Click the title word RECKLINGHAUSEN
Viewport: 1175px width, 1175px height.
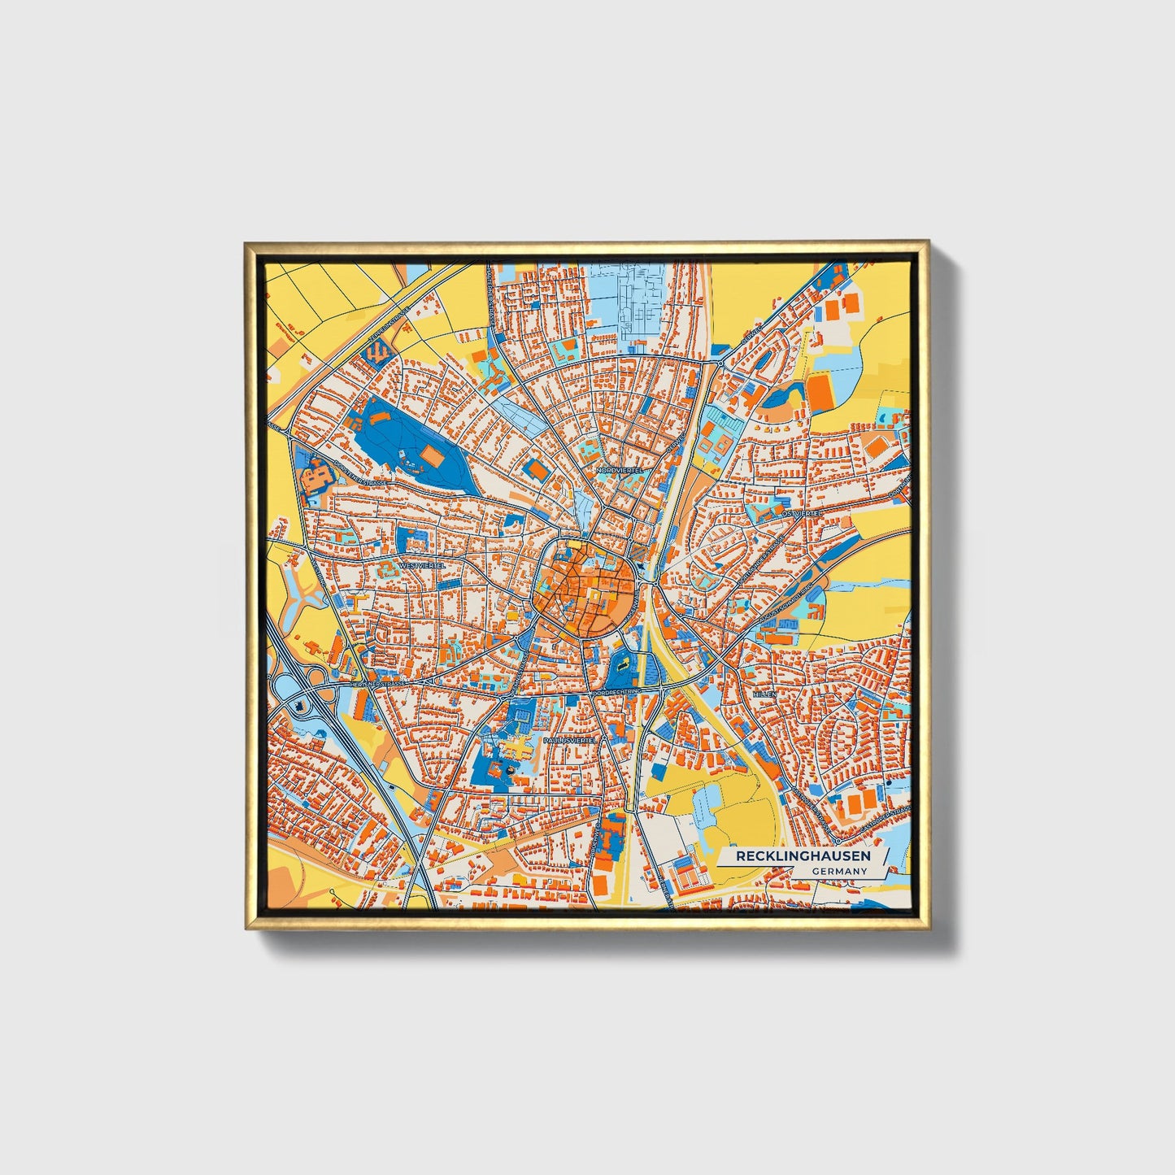click(803, 856)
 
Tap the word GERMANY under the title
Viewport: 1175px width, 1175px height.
click(838, 872)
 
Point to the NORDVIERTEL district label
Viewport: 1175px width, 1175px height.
click(620, 470)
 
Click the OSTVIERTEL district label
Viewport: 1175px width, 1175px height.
click(797, 514)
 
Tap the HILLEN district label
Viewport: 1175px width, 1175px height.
click(764, 695)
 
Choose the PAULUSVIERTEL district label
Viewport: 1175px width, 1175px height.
click(570, 741)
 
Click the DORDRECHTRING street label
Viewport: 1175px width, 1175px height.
click(616, 690)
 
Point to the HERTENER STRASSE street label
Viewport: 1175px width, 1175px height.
click(377, 685)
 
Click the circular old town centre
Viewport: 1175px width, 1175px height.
click(584, 584)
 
